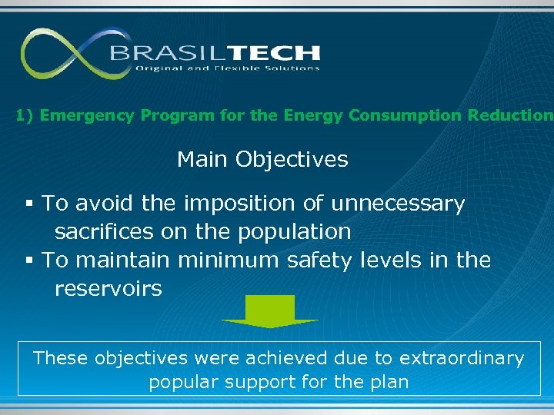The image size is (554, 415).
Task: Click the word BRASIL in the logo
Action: tap(160, 53)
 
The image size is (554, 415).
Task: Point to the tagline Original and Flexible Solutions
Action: tap(227, 68)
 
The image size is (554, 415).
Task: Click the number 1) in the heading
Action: tap(25, 116)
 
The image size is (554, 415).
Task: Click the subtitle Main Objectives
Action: tap(262, 160)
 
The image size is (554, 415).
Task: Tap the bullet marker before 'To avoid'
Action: tap(28, 204)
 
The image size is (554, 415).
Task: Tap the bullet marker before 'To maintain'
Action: tap(28, 261)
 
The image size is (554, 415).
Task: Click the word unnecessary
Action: tap(398, 204)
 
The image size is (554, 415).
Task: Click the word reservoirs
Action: tap(108, 289)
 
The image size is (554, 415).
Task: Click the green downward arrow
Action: tap(270, 311)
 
